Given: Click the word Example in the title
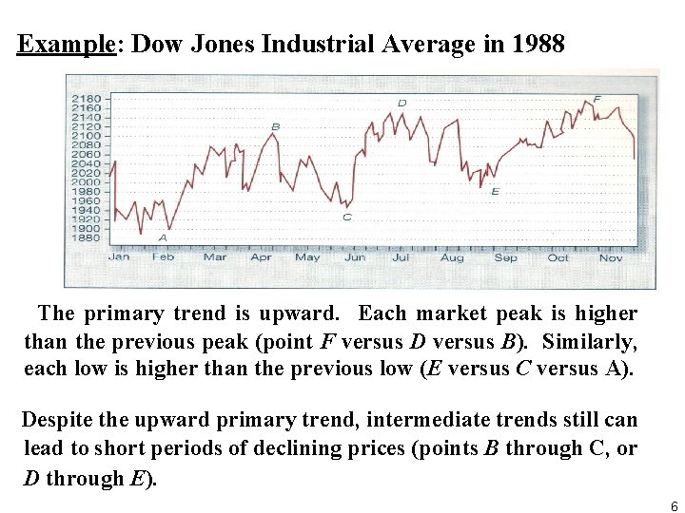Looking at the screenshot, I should [66, 45].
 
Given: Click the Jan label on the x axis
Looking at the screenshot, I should [119, 256].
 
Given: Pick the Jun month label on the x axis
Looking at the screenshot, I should [355, 256].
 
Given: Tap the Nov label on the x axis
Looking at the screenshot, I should [611, 256].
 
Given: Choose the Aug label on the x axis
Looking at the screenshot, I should [452, 256].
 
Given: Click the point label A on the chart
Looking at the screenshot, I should [163, 237].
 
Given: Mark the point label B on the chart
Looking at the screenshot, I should [276, 126].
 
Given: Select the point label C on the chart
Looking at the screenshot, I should [346, 217].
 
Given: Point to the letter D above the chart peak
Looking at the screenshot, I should [402, 103].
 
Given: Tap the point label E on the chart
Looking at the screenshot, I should [495, 191].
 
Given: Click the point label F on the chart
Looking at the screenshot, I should [597, 99].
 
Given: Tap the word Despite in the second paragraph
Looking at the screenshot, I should [55, 420].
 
